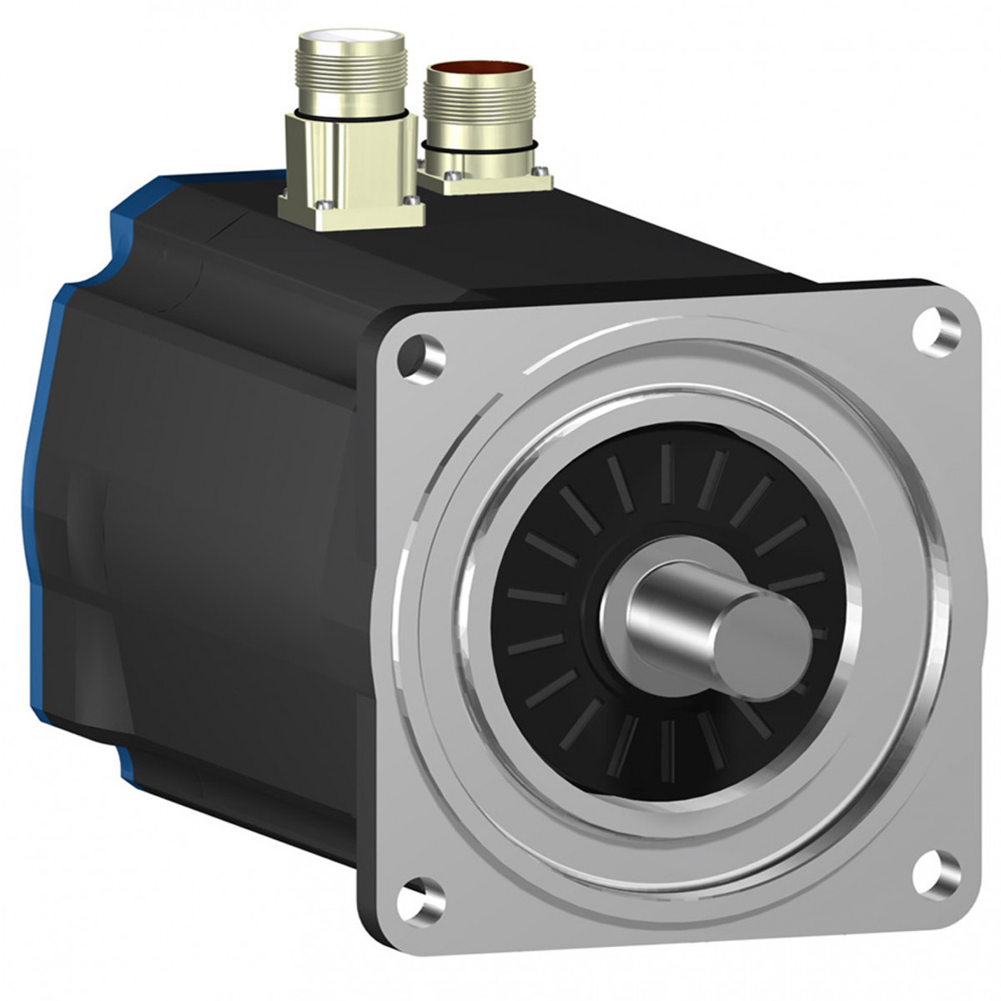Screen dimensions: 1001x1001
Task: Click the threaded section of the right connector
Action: (x=471, y=113)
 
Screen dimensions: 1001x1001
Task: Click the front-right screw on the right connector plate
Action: (x=543, y=173)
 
